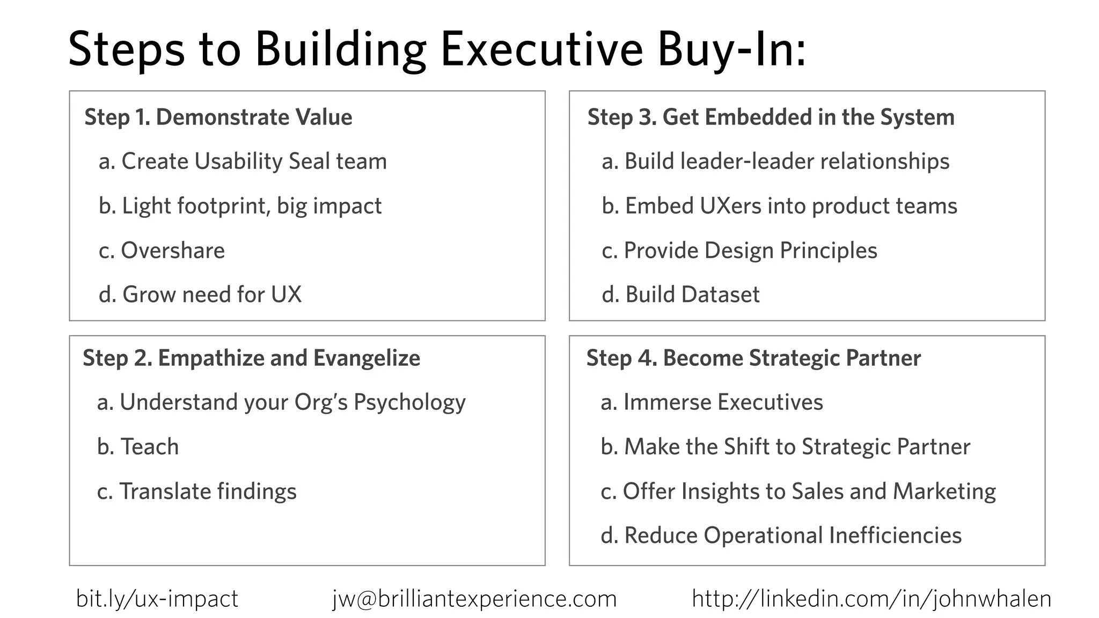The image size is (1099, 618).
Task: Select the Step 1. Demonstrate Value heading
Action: [218, 117]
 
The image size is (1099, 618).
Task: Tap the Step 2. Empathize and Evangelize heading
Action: [251, 358]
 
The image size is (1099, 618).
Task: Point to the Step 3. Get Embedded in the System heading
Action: [771, 117]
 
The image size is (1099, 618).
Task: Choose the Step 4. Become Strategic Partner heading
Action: [753, 358]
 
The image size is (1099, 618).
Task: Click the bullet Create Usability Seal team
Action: [243, 161]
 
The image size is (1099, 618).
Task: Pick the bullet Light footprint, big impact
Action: [240, 206]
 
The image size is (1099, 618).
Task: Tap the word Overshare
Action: [173, 251]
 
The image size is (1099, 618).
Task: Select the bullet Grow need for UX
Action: [200, 295]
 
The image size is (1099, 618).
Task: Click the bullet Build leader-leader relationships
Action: [775, 161]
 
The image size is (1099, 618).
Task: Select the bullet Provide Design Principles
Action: [739, 251]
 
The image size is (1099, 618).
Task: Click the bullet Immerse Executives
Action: [712, 402]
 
